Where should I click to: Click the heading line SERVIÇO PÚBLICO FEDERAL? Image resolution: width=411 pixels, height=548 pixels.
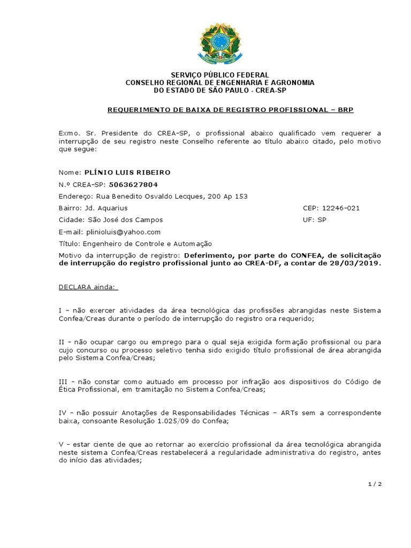(x=219, y=74)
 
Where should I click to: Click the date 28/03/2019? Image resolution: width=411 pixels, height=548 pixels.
(x=359, y=264)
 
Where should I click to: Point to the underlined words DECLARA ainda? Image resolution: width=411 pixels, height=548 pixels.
(x=87, y=287)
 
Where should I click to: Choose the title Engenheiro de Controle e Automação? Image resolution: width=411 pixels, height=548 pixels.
(x=146, y=243)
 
